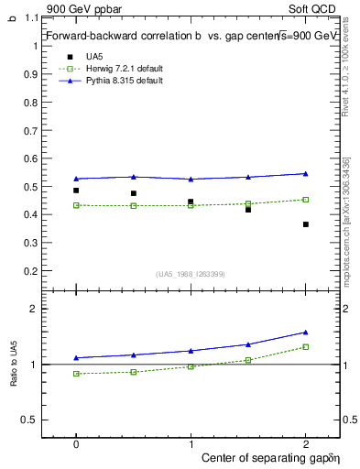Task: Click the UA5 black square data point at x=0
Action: pyautogui.click(x=76, y=191)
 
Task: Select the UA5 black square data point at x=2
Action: pyautogui.click(x=306, y=224)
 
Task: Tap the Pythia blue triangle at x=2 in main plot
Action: pyautogui.click(x=306, y=173)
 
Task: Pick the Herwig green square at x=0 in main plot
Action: pyautogui.click(x=76, y=205)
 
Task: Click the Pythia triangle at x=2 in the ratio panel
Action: pyautogui.click(x=306, y=332)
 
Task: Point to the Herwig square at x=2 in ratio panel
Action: pyautogui.click(x=306, y=346)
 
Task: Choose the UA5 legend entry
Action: pyautogui.click(x=95, y=57)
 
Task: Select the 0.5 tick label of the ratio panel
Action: pyautogui.click(x=30, y=420)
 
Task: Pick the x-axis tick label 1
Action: pyautogui.click(x=191, y=442)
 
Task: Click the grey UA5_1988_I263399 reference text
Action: pyautogui.click(x=191, y=274)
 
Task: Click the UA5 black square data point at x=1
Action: pyautogui.click(x=191, y=202)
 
